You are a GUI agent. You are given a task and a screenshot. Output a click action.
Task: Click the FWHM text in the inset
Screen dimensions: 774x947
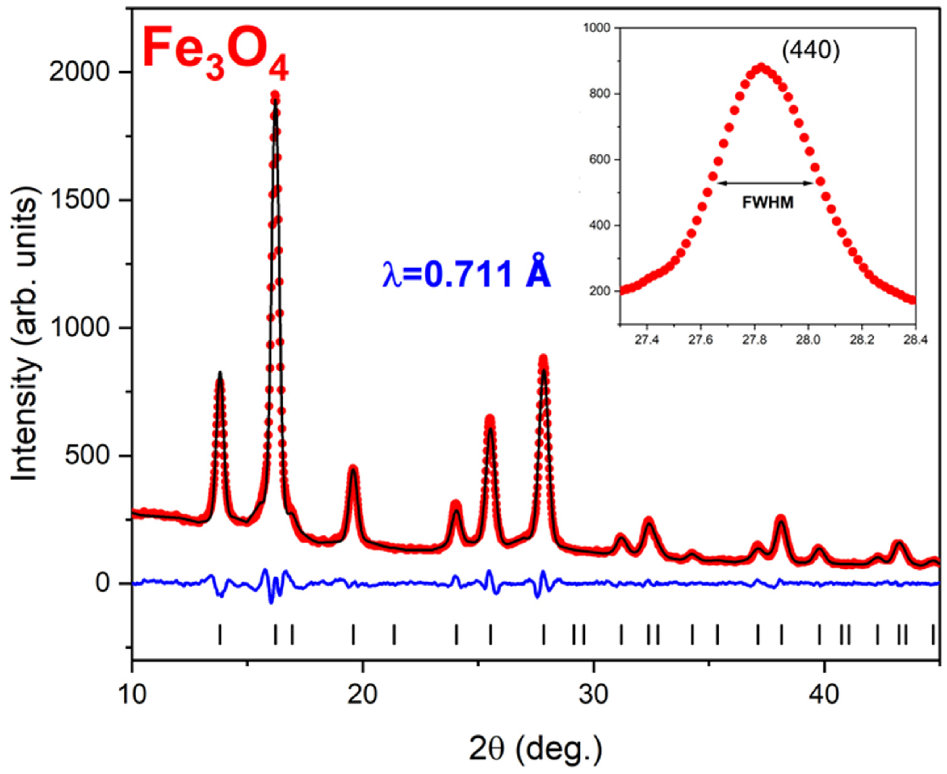coord(768,203)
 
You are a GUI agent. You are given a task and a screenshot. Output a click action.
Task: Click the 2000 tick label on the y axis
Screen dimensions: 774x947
coord(79,72)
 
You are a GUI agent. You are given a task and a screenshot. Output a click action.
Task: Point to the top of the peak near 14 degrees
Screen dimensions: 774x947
coord(220,374)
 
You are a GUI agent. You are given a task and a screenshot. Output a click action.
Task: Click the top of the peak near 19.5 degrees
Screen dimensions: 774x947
coord(353,468)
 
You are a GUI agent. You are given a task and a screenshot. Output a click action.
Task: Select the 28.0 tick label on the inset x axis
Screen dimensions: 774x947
coord(808,340)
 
